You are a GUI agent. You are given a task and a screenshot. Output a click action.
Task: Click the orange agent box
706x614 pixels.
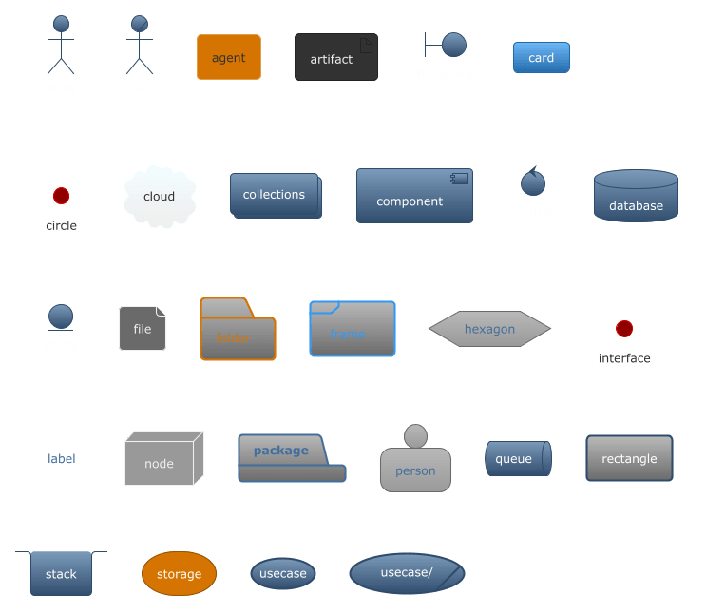tap(228, 58)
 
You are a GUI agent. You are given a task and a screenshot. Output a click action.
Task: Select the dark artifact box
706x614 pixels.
tap(335, 58)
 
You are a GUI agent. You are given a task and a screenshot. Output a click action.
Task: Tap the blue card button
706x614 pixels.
tap(541, 58)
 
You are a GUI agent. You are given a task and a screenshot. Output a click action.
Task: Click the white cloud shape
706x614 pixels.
tap(160, 198)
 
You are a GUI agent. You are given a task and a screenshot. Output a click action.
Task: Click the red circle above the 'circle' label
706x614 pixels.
tap(61, 196)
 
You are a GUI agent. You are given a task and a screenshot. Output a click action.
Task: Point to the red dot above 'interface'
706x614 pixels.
tap(624, 329)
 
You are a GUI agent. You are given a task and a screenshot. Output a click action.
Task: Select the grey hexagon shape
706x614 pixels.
tap(489, 329)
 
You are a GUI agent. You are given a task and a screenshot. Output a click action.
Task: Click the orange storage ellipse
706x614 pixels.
tap(179, 574)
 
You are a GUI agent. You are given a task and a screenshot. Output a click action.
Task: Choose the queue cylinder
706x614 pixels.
tap(517, 459)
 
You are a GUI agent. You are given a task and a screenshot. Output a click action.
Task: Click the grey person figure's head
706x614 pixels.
tap(415, 436)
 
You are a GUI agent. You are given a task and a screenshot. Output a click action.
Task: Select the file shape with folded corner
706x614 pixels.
tap(142, 329)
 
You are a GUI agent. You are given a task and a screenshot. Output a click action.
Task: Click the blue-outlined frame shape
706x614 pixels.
tap(353, 330)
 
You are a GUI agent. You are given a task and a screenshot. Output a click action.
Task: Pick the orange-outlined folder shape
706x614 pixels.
tap(238, 330)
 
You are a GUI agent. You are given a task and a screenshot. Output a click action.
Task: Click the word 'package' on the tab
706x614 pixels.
tap(281, 450)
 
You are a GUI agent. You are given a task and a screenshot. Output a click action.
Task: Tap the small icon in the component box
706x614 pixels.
tap(460, 179)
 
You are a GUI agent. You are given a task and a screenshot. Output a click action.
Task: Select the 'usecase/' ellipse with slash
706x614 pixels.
tap(407, 573)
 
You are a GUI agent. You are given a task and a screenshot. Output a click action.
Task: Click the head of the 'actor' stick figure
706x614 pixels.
tap(61, 24)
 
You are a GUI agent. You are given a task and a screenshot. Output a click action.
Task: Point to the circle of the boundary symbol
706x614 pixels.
tap(454, 44)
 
